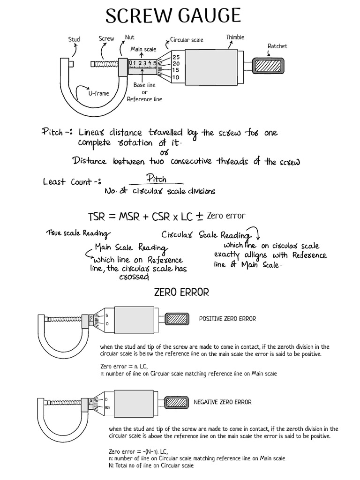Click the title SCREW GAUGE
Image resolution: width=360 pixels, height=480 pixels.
pyautogui.click(x=173, y=16)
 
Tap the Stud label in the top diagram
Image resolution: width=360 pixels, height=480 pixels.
pyautogui.click(x=74, y=40)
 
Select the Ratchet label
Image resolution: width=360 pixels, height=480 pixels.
pyautogui.click(x=277, y=46)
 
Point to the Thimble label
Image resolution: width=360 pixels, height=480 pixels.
pyautogui.click(x=235, y=37)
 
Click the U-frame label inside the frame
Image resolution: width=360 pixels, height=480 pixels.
pyautogui.click(x=98, y=93)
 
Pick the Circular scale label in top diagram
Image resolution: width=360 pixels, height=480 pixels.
pyautogui.click(x=187, y=40)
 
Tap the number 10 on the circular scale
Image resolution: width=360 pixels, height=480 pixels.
pyautogui.click(x=175, y=77)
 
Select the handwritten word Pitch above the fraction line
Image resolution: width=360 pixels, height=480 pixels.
pyautogui.click(x=156, y=179)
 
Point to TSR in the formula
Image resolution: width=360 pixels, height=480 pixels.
pyautogui.click(x=97, y=217)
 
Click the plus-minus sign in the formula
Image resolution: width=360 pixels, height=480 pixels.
pyautogui.click(x=199, y=217)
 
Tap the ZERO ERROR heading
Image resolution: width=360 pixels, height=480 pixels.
pyautogui.click(x=181, y=292)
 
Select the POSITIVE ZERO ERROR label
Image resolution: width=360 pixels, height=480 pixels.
pyautogui.click(x=227, y=319)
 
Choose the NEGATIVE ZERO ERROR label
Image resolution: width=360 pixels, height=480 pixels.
pyautogui.click(x=222, y=402)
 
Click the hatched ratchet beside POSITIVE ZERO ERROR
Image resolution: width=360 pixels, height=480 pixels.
pyautogui.click(x=177, y=319)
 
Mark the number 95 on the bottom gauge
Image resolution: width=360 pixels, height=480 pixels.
pyautogui.click(x=108, y=407)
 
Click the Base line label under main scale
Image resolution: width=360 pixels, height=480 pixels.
pyautogui.click(x=144, y=85)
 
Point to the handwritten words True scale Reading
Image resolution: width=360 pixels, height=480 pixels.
pyautogui.click(x=78, y=233)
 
